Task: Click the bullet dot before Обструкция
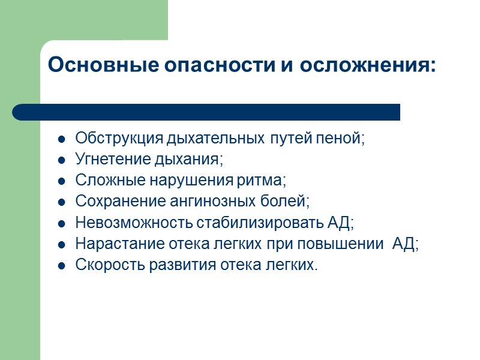pos(61,139)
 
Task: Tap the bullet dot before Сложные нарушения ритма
pos(61,181)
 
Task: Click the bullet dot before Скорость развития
pos(61,265)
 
